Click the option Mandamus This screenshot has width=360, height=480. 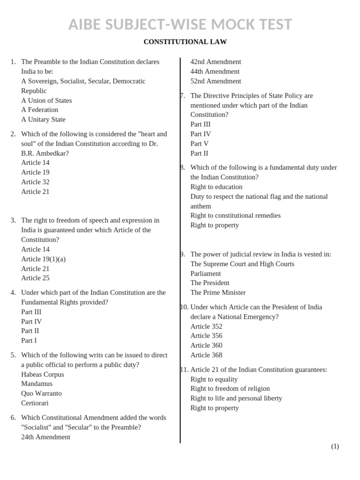click(37, 384)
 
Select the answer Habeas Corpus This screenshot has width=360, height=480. click(43, 375)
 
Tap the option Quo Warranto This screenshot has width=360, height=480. click(41, 394)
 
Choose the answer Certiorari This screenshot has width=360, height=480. click(35, 403)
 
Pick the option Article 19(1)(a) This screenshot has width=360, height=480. click(43, 259)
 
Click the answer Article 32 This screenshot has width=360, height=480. click(35, 182)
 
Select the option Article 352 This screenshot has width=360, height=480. click(206, 327)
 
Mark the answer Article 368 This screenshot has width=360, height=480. click(206, 355)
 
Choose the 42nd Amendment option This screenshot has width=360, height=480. click(216, 62)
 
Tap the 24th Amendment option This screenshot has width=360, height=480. click(45, 437)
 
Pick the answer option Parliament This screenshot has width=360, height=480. click(205, 274)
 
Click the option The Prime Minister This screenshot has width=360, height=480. click(218, 293)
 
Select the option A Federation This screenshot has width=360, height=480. click(40, 110)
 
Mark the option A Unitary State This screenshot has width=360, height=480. click(43, 120)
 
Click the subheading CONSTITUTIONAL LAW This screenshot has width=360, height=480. click(185, 42)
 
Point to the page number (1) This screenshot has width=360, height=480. click(335, 447)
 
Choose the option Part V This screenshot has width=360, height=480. click(199, 144)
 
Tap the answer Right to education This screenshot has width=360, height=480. click(216, 187)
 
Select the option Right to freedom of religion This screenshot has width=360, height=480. click(230, 389)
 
